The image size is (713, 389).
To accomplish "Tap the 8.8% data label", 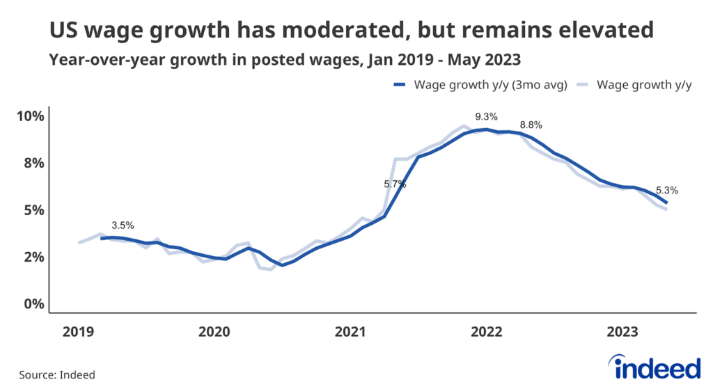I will pos(531,125).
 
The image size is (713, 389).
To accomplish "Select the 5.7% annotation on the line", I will pos(395,184).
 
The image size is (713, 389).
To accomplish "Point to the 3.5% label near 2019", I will pos(123,225).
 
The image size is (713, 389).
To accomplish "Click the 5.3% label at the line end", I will pos(667,190).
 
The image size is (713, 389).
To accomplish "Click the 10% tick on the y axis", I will pos(31,116).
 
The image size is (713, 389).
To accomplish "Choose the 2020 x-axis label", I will pos(213,333).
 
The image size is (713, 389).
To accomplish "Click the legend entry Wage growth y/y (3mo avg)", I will pos(480,85).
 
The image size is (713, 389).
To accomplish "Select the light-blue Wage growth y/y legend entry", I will pos(633,85).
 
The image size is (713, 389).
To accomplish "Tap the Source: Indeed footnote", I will pos(57,374).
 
